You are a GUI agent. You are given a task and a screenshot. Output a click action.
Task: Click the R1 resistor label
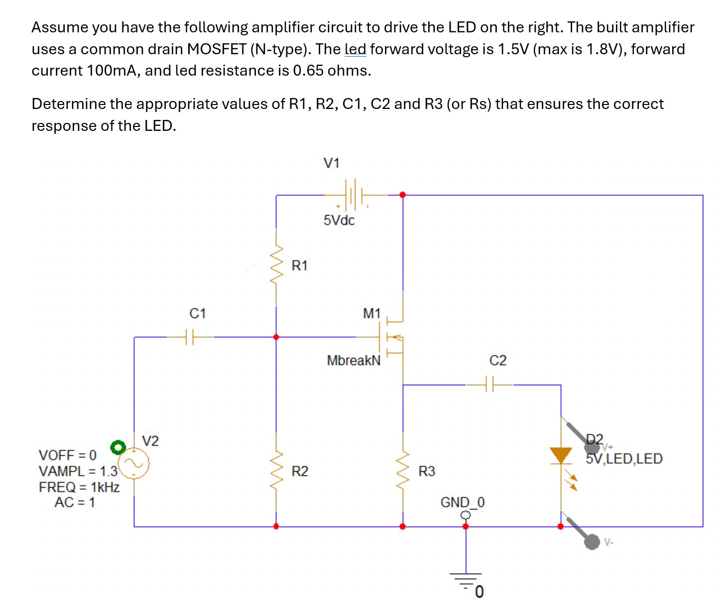tap(299, 266)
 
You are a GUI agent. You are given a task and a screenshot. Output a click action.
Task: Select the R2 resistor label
tap(299, 471)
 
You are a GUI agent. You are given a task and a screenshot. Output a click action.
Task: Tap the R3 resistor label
tap(426, 471)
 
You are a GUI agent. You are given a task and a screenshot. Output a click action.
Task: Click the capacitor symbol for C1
tap(189, 337)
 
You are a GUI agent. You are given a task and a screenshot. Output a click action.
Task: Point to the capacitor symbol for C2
tap(489, 385)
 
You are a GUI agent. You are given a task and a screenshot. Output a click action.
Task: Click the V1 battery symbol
tap(353, 195)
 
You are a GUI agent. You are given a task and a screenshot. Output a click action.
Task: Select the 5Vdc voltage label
tap(339, 220)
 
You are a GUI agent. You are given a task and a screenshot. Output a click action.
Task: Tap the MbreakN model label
tap(354, 360)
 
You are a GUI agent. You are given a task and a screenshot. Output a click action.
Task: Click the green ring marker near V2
tap(118, 447)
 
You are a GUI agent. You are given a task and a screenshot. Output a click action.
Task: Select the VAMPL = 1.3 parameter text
tap(78, 471)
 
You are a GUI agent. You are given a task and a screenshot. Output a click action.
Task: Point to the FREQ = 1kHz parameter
tap(79, 487)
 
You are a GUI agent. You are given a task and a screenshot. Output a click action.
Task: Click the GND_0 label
tap(462, 503)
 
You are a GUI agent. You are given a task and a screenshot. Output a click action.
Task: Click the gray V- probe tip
tap(592, 542)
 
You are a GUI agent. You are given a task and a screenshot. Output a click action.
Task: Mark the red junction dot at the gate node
tap(276, 337)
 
